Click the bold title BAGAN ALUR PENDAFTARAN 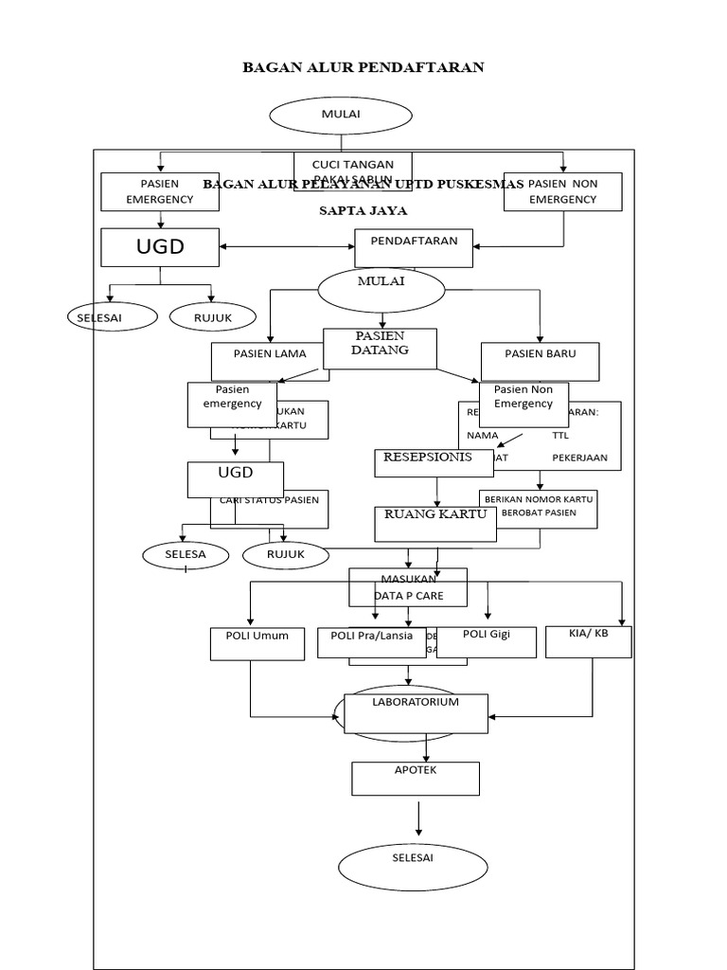coord(363,67)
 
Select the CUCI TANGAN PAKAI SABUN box coord(352,171)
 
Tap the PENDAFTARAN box coord(414,247)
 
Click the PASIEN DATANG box coord(380,348)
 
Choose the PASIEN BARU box coord(541,360)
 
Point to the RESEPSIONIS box coord(427,461)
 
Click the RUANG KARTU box coord(434,520)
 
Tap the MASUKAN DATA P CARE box coord(408,587)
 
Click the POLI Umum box coord(250,642)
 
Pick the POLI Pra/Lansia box coord(364,642)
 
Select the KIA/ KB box coord(589,640)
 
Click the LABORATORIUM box coord(416,712)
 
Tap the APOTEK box coord(416,778)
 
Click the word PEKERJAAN coord(579,458)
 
